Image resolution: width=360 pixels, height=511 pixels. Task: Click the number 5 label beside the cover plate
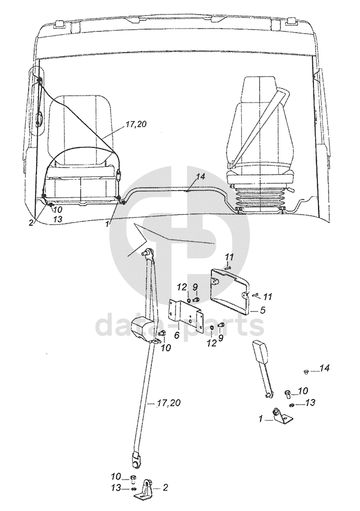263,310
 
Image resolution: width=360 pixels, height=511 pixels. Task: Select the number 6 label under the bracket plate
177,335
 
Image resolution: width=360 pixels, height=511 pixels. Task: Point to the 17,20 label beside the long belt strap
168,403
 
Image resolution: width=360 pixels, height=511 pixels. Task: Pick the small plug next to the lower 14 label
306,371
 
